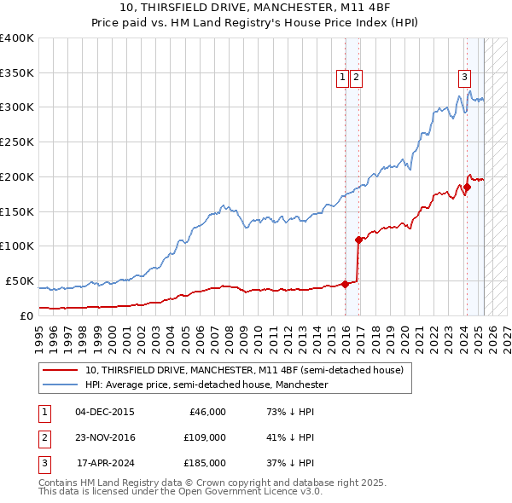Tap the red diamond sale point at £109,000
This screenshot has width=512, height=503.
(358, 240)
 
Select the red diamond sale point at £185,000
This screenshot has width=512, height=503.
(467, 187)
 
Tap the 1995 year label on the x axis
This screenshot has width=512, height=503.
(39, 333)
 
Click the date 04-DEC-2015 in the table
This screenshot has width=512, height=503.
(104, 412)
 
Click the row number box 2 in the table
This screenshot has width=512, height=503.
(44, 437)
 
